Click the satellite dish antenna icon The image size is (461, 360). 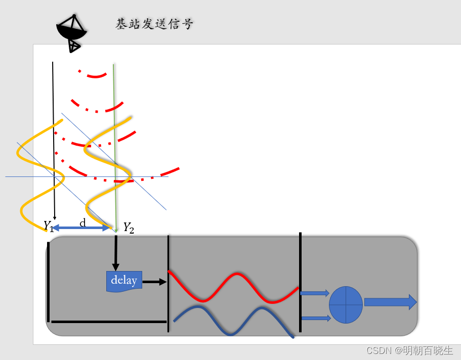72,32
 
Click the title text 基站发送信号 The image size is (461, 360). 154,24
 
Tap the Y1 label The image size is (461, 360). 48,226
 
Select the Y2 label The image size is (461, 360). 129,228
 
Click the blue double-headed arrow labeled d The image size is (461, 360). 81,229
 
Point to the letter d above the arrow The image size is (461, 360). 82,222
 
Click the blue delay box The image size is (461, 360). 124,281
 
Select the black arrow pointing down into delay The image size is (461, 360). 116,253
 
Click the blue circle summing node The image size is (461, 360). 346,304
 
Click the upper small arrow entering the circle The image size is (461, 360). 314,293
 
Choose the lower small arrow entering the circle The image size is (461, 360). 314,318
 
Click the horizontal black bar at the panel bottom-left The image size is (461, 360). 108,321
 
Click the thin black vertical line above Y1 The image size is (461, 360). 53,101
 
